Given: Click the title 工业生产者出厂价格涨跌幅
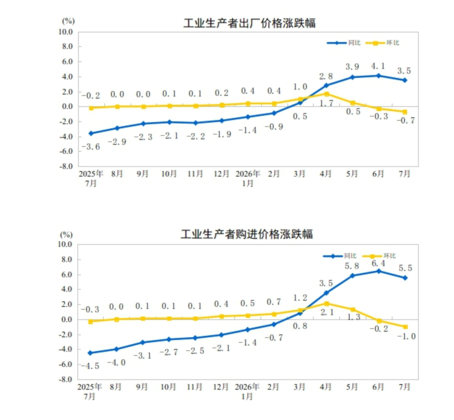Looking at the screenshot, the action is pos(249,23).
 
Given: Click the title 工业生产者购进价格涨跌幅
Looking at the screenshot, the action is pos(247,234).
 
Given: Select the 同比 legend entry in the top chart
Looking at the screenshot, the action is pos(343,43).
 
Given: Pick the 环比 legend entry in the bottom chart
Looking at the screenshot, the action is pos(379,256).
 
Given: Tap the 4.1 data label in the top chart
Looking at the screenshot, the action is pos(378,66).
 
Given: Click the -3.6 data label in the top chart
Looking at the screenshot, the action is pos(91,147).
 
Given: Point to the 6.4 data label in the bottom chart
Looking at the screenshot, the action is pos(379,263).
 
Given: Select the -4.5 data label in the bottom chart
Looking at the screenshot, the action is pos(90,366).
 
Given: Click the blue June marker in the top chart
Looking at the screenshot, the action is pos(379,76).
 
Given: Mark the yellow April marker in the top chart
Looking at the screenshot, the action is pos(327,94).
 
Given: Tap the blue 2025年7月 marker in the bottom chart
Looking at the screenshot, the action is pos(91,353).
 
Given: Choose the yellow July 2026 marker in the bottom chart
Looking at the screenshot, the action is pos(406,327).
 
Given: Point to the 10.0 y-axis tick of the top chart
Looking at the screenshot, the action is pos(66,32).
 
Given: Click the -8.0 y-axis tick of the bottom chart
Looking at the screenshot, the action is pos(65,379).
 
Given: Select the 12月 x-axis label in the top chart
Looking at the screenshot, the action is pos(222,174).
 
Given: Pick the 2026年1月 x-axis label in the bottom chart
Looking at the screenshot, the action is pos(247,392).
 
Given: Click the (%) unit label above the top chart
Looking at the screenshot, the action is pos(68,21).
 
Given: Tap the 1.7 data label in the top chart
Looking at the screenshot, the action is pos(327,103).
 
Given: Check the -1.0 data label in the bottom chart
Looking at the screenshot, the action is pos(406,337).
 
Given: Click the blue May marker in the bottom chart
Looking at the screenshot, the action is pos(352,276).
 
